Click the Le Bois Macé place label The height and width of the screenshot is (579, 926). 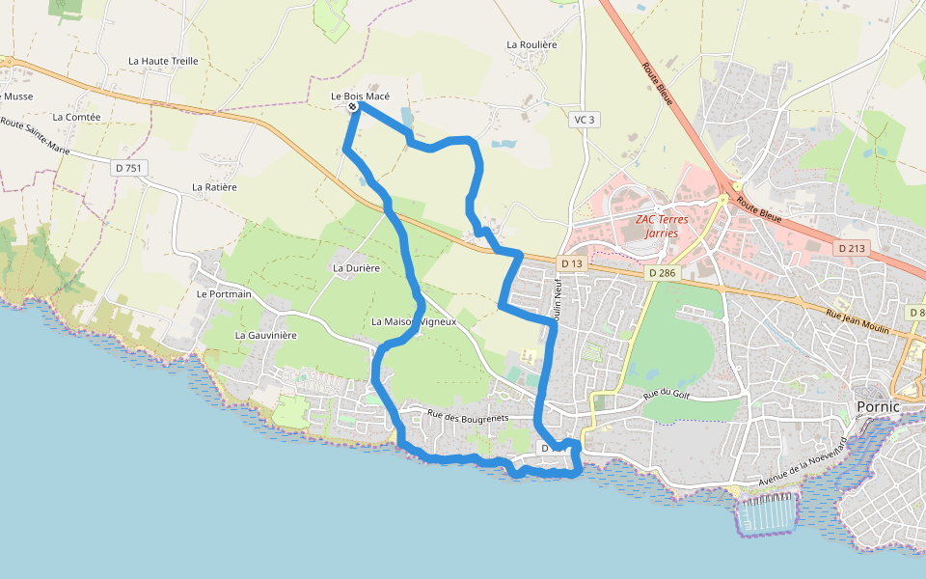360,96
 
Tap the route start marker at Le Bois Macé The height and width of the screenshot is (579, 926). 353,107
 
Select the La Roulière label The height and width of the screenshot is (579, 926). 532,44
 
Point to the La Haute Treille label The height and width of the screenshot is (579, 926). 163,61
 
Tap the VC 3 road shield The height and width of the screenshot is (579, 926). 585,120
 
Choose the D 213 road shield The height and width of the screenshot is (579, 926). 852,248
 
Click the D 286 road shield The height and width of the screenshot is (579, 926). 663,273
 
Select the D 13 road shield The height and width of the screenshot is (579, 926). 571,263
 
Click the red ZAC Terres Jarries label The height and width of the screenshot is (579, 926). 662,226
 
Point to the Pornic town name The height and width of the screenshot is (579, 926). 878,406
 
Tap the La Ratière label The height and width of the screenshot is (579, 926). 214,187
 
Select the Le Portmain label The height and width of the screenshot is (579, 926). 224,293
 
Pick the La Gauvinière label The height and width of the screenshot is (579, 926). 266,335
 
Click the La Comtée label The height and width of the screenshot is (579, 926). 77,117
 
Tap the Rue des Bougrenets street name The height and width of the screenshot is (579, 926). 468,416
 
